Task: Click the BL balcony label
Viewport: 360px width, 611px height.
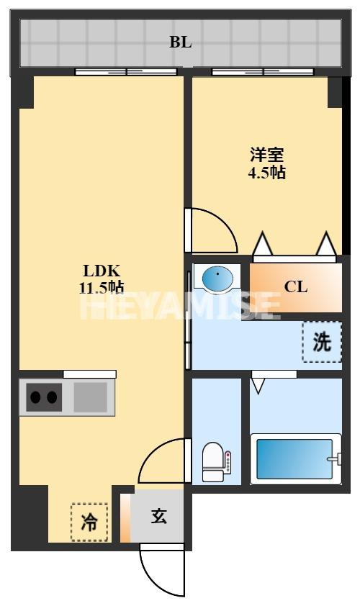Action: [x=181, y=42]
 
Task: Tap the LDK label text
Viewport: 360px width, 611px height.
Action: [x=102, y=271]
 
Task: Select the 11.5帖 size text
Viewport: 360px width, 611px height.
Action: [x=102, y=287]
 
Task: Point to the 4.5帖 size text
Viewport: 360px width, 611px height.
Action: [x=266, y=173]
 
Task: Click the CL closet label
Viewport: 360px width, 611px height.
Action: [x=295, y=286]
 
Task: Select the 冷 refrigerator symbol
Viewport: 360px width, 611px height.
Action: [x=89, y=521]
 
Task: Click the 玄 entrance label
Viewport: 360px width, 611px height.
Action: [x=159, y=516]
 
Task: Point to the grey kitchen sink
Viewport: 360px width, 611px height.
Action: [x=90, y=397]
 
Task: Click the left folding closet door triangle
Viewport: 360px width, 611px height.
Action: [x=262, y=245]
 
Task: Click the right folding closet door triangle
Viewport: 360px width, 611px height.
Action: [x=326, y=245]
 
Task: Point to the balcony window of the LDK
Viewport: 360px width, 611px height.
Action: [x=127, y=71]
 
